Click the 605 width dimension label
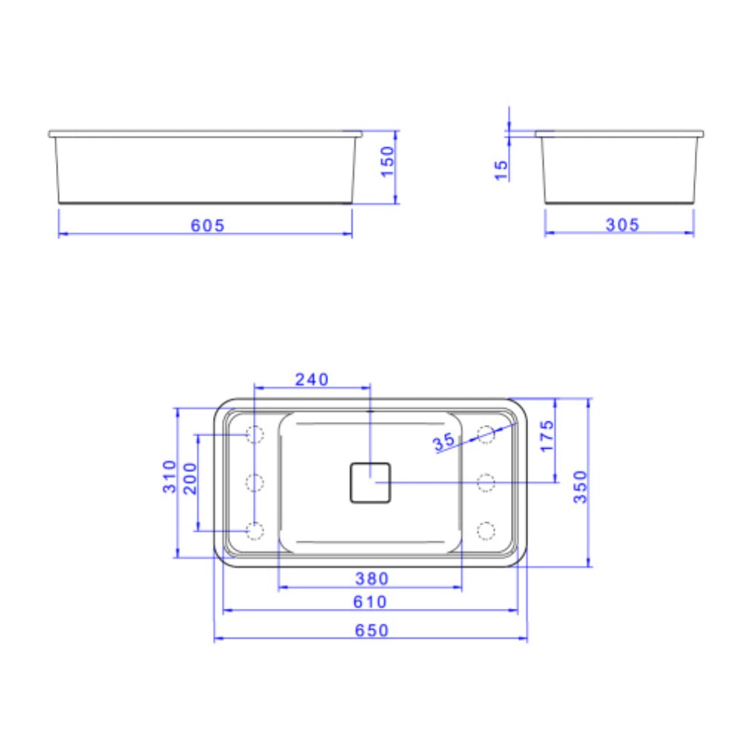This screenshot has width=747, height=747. click(x=207, y=225)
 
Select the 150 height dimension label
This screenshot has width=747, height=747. click(x=388, y=161)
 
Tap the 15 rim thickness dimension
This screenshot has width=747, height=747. click(x=501, y=170)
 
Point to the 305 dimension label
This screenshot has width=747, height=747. click(x=622, y=225)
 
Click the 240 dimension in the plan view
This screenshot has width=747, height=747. click(x=311, y=379)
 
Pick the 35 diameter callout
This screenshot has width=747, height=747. click(x=444, y=441)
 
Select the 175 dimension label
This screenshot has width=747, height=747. click(x=547, y=436)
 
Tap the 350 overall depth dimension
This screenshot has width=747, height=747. click(x=580, y=486)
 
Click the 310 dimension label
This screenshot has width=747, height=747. click(x=170, y=476)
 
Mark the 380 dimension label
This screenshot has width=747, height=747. click(x=371, y=578)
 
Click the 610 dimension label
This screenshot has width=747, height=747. click(x=371, y=602)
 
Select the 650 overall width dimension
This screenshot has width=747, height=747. click(x=371, y=630)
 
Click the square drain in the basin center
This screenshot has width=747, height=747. click(x=371, y=483)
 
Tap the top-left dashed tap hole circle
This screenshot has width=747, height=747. click(x=255, y=434)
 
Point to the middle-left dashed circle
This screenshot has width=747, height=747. click(x=255, y=483)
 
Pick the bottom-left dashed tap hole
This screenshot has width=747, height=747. click(x=255, y=530)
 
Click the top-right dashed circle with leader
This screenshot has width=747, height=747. click(x=486, y=434)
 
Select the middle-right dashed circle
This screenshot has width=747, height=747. click(x=486, y=483)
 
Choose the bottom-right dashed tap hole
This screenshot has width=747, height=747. click(x=486, y=530)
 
